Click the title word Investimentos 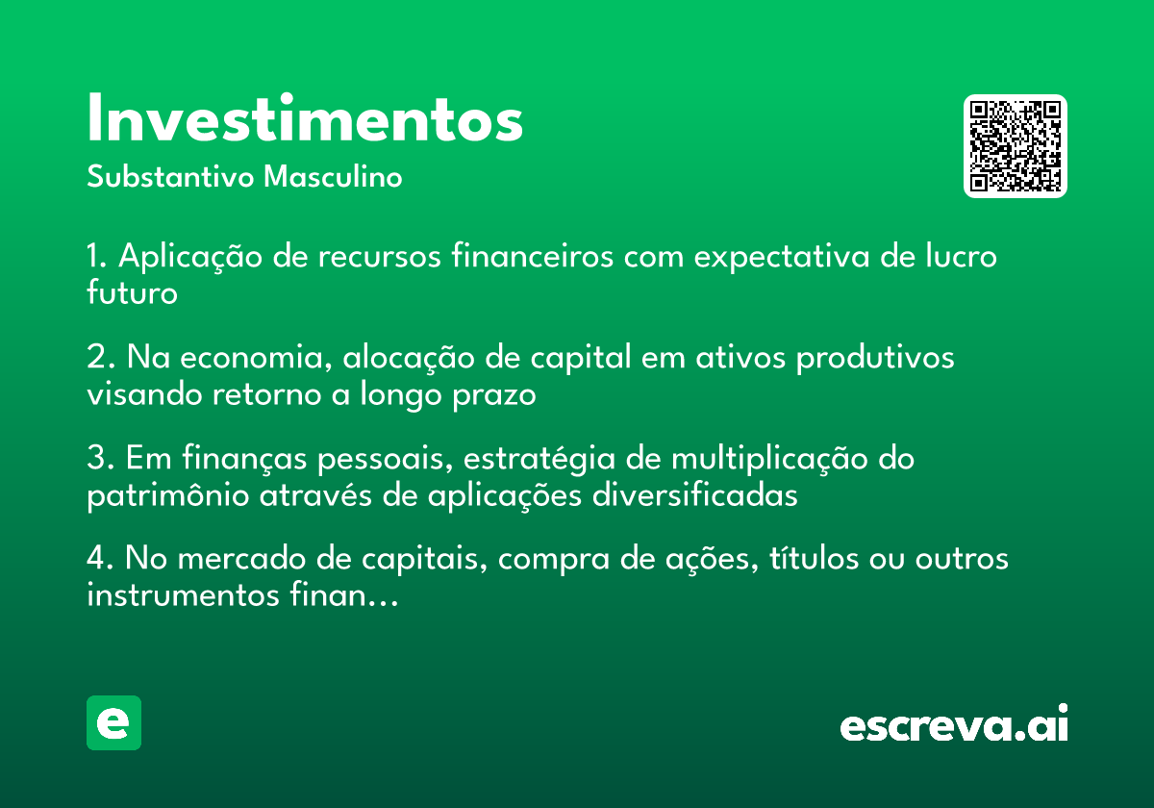point(305,117)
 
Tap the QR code point(1015,146)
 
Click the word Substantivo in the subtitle point(170,176)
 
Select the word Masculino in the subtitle point(333,176)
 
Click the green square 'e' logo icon point(113,722)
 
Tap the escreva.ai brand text point(954,722)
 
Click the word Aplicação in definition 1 point(190,257)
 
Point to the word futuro point(132,292)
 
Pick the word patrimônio point(168,496)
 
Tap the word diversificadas point(695,495)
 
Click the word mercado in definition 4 point(241,559)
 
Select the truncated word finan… point(343,595)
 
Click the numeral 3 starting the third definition point(96,458)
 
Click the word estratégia point(539,459)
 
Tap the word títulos point(814,558)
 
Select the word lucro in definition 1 point(962,256)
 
